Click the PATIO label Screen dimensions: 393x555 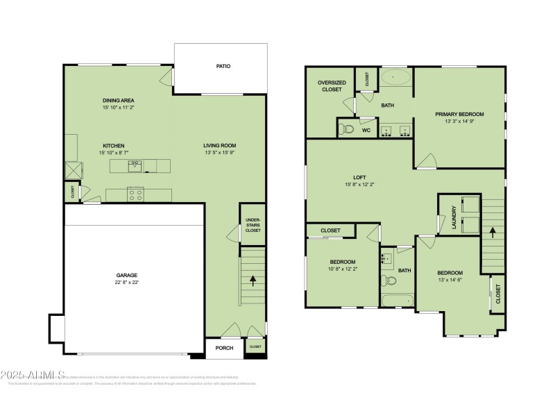223,67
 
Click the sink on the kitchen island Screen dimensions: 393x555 136,165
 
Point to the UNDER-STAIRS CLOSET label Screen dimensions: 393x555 253,225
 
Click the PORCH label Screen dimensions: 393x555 224,348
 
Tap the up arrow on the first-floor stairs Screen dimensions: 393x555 253,281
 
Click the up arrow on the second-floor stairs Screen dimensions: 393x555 493,231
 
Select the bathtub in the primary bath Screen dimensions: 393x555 397,76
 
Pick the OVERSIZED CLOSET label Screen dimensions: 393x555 332,86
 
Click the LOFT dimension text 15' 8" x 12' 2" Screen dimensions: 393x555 359,185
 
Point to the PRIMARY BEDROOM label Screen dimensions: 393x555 459,114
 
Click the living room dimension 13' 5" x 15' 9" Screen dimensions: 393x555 219,153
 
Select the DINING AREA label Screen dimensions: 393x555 118,101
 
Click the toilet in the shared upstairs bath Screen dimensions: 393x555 390,281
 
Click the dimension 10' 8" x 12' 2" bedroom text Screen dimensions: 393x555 343,269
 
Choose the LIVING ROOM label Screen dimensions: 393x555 219,146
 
